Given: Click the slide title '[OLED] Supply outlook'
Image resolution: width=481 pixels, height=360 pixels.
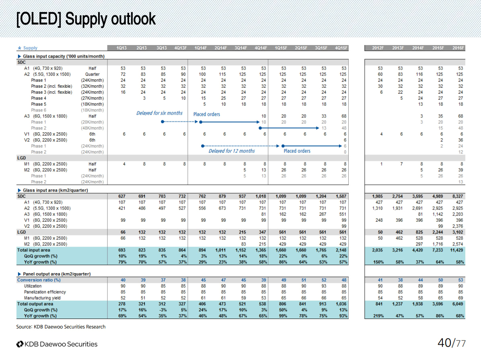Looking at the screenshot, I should point(86,19).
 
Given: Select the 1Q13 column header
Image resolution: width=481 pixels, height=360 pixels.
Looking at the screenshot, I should point(121,48).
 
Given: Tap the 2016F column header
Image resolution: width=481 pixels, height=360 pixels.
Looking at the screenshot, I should point(458,48).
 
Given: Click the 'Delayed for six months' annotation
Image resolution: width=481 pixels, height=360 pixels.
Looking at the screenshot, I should point(159,113).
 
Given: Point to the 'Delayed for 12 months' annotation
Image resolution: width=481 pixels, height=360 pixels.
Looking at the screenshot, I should point(232,151).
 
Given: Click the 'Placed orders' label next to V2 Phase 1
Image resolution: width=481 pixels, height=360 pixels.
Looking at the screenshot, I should point(297,151).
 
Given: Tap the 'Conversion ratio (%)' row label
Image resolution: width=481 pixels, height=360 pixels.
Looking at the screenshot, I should point(39,280).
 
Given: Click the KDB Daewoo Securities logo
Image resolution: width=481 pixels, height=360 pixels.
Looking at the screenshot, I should point(57,344).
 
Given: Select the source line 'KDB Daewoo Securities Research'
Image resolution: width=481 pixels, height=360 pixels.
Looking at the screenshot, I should point(61,327).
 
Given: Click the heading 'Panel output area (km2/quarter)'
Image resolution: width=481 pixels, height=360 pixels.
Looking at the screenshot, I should point(56,274).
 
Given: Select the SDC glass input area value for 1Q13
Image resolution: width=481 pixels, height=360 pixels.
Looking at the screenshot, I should point(121,196).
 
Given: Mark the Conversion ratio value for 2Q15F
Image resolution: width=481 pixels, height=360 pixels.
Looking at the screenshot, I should point(302,280).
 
